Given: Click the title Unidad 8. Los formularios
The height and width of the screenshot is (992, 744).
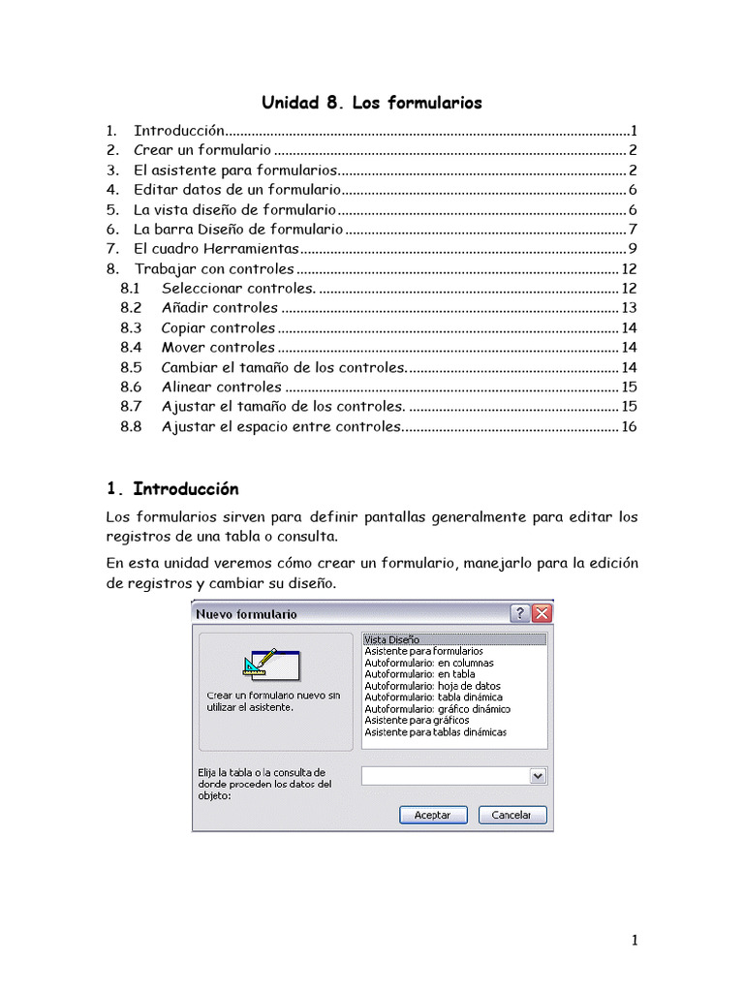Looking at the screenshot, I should (372, 103).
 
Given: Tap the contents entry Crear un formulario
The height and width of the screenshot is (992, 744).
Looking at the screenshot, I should (202, 150).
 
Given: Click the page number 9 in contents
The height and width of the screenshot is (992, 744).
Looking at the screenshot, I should (632, 249).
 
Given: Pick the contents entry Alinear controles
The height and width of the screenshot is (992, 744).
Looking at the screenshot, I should (221, 387).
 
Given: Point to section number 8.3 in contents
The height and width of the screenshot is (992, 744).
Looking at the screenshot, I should (131, 327).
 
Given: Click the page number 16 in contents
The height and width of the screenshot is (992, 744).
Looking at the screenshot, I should (629, 426).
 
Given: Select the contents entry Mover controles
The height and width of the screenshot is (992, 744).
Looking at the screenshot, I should (218, 347).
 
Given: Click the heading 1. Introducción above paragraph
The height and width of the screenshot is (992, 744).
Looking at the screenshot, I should (172, 488).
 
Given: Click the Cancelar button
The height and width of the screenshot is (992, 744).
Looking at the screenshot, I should (511, 815).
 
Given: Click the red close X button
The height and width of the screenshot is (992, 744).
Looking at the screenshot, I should (542, 613).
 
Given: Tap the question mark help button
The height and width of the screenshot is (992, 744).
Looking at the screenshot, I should (520, 613).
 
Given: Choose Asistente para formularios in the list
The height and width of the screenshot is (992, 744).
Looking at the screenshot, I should (423, 651).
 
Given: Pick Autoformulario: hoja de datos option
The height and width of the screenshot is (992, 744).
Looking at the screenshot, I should (432, 686).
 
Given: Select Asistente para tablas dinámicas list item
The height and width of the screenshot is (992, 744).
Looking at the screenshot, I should (435, 732).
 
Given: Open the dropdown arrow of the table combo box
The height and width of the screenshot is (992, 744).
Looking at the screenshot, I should (538, 776).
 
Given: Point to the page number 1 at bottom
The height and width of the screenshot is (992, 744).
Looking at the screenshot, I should (634, 940).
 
